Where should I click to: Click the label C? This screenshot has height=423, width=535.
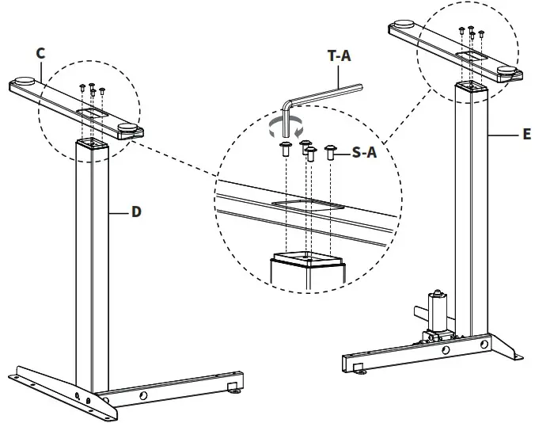40,53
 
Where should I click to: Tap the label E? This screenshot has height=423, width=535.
526,135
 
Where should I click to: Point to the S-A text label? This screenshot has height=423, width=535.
363,154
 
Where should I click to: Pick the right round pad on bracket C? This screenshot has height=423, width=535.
127,128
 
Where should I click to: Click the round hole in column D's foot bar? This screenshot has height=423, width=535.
143,395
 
